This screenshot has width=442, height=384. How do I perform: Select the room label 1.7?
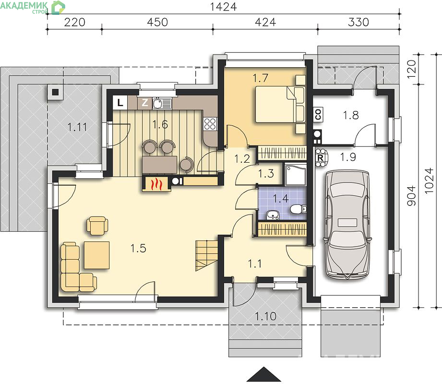point(260,78)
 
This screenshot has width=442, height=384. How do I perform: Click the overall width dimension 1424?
point(223,7)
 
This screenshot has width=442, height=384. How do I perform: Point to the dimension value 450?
point(157,22)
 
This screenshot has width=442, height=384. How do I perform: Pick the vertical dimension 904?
point(411,195)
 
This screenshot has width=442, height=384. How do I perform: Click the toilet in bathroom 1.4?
point(298,209)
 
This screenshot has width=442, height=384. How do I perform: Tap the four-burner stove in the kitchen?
point(210,124)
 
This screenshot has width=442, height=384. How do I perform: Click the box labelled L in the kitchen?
point(120,103)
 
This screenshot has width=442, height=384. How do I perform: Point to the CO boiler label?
point(318,114)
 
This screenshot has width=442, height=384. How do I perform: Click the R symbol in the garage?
point(320,158)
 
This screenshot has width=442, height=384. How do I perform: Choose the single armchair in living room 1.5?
point(97,225)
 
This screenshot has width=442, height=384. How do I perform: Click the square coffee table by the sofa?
point(96,255)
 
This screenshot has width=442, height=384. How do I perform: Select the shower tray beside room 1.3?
point(295,175)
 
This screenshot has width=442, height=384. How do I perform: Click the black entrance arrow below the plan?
point(264,374)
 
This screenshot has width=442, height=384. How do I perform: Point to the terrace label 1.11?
point(77,127)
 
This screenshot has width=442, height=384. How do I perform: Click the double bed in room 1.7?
point(280,105)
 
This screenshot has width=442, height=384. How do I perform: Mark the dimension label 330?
point(358,22)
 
